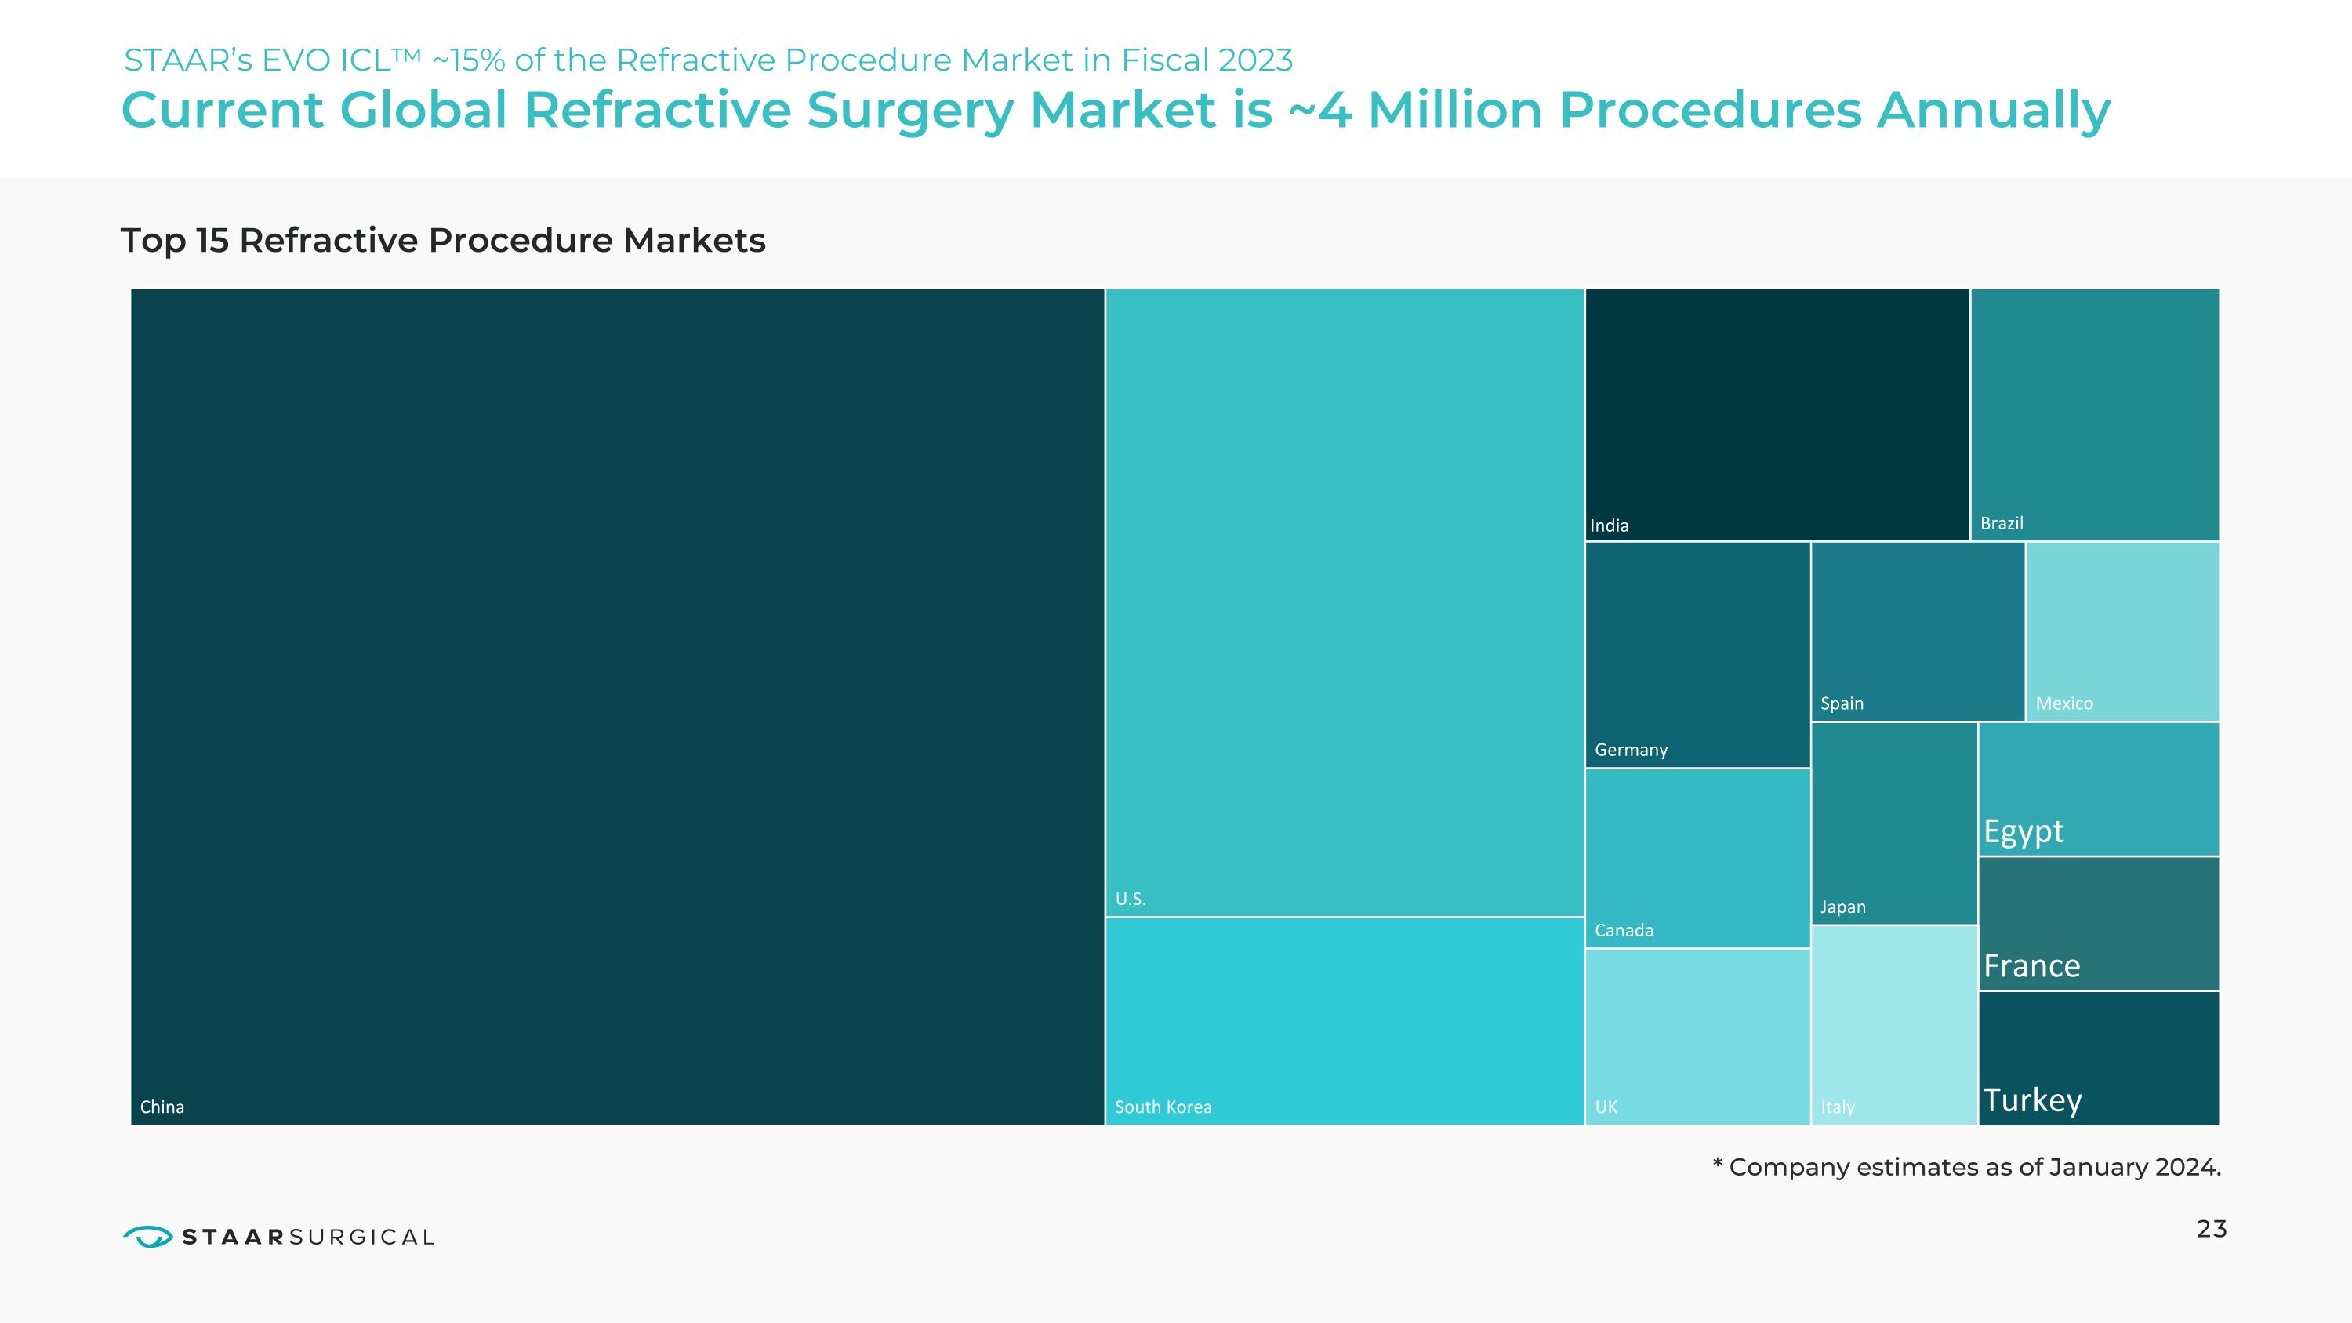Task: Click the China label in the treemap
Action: click(162, 1107)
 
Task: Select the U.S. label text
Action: click(1130, 899)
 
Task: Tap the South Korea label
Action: click(1163, 1107)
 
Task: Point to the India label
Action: click(1609, 525)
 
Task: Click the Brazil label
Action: click(2002, 523)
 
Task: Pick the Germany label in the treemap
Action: click(1631, 750)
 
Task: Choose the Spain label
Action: click(1841, 703)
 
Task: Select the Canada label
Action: click(1624, 930)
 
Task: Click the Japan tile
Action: click(1893, 822)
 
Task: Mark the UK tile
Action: click(1697, 1036)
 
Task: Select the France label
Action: click(2031, 966)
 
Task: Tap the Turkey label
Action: click(2032, 1100)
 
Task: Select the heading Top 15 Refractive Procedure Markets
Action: click(443, 240)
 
